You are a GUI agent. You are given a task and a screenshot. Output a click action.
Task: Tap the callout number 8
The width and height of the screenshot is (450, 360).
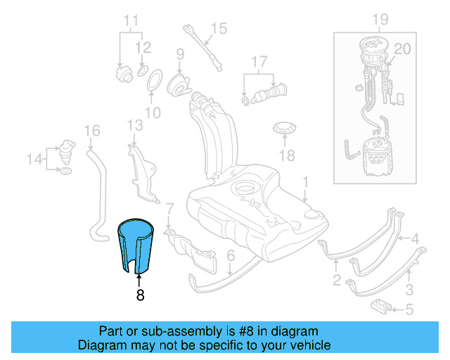pos(140,296)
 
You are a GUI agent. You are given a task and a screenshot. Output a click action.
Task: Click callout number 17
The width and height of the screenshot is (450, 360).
pos(260,61)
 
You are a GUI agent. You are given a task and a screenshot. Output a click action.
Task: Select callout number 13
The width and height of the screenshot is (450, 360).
pos(135,125)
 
